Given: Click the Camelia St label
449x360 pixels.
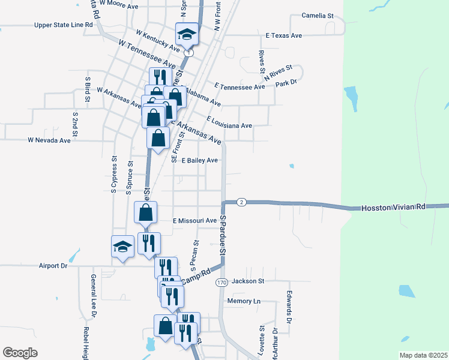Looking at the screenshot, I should pos(317,16).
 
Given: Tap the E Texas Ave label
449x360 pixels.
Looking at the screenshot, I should pos(284,35).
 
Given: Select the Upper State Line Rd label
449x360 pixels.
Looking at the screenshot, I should pos(64,25).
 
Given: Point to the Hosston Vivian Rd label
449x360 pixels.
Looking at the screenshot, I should pos(393,208).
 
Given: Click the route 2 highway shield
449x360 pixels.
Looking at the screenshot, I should pos(241,202).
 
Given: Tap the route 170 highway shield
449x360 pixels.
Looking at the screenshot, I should pos(221,282).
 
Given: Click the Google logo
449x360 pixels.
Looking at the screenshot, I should pos(20,352).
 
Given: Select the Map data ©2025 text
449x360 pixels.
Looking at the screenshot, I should pos(424,355).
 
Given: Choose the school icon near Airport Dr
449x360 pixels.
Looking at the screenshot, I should pos(122,247).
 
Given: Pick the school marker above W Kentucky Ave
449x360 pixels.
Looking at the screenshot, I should pos(187,34).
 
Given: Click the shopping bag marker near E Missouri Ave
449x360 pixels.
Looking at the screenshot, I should pos(145,212).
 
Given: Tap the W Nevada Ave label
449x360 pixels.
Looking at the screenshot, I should pos(49,140).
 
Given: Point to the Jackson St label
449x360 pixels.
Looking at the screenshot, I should pos(248,281).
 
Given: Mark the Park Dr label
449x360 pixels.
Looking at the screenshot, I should pos(287,83).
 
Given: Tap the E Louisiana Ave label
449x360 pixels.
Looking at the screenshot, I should pos(229,123).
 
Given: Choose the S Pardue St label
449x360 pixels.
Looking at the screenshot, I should pos(222,239).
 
